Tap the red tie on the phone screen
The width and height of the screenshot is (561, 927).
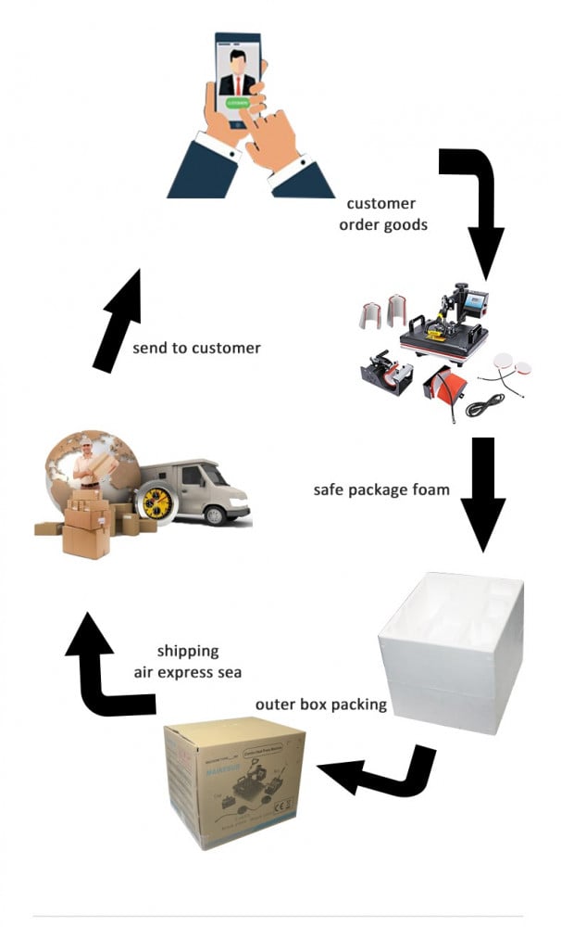[x=238, y=85]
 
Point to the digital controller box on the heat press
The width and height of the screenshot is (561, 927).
[x=473, y=301]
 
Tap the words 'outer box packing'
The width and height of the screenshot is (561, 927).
[x=321, y=705]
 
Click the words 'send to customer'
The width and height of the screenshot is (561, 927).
[x=196, y=349]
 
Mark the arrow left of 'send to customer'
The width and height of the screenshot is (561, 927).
[x=118, y=321]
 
